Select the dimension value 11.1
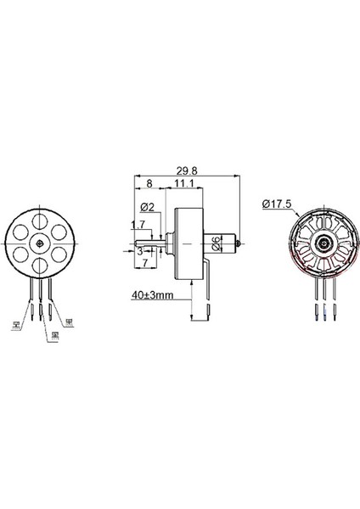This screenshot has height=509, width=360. click(x=188, y=182)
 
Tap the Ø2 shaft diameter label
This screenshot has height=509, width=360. click(x=145, y=206)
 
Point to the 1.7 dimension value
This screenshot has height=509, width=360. click(x=138, y=225)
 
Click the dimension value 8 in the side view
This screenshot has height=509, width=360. click(x=150, y=182)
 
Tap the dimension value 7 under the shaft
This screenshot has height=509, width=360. click(x=146, y=265)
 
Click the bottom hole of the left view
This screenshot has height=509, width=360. click(x=40, y=266)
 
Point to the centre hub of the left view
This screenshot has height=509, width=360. click(x=40, y=244)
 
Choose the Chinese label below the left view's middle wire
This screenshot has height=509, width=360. click(x=53, y=335)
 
